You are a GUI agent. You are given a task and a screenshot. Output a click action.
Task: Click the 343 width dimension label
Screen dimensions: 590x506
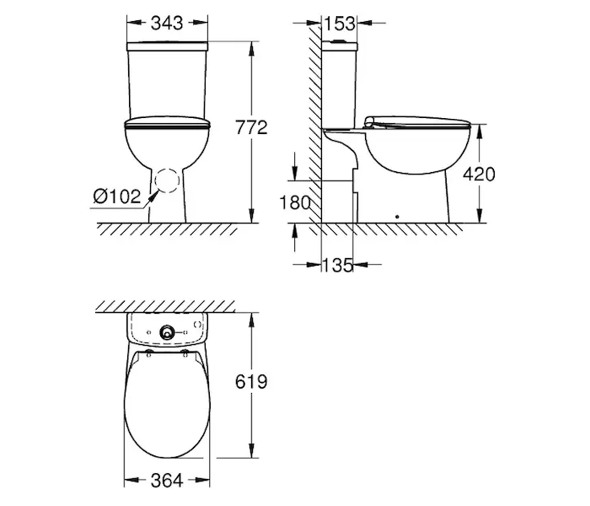pyautogui.click(x=167, y=23)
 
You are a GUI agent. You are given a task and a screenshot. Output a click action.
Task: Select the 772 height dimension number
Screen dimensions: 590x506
pyautogui.click(x=251, y=127)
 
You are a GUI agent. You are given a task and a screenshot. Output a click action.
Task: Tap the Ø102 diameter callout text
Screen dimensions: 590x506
pyautogui.click(x=117, y=196)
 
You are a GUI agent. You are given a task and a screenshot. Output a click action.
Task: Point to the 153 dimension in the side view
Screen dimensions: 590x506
pyautogui.click(x=340, y=24)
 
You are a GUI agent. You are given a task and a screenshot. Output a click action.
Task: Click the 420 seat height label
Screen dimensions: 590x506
pyautogui.click(x=479, y=174)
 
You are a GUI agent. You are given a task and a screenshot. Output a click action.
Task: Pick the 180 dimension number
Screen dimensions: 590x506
pyautogui.click(x=295, y=202)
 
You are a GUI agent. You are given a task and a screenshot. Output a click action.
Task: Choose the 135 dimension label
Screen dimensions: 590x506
pyautogui.click(x=337, y=265)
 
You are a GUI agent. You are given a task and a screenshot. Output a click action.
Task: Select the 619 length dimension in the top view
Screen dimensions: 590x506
pyautogui.click(x=251, y=382)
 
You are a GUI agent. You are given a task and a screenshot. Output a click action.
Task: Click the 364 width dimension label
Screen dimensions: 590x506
pyautogui.click(x=167, y=481)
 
